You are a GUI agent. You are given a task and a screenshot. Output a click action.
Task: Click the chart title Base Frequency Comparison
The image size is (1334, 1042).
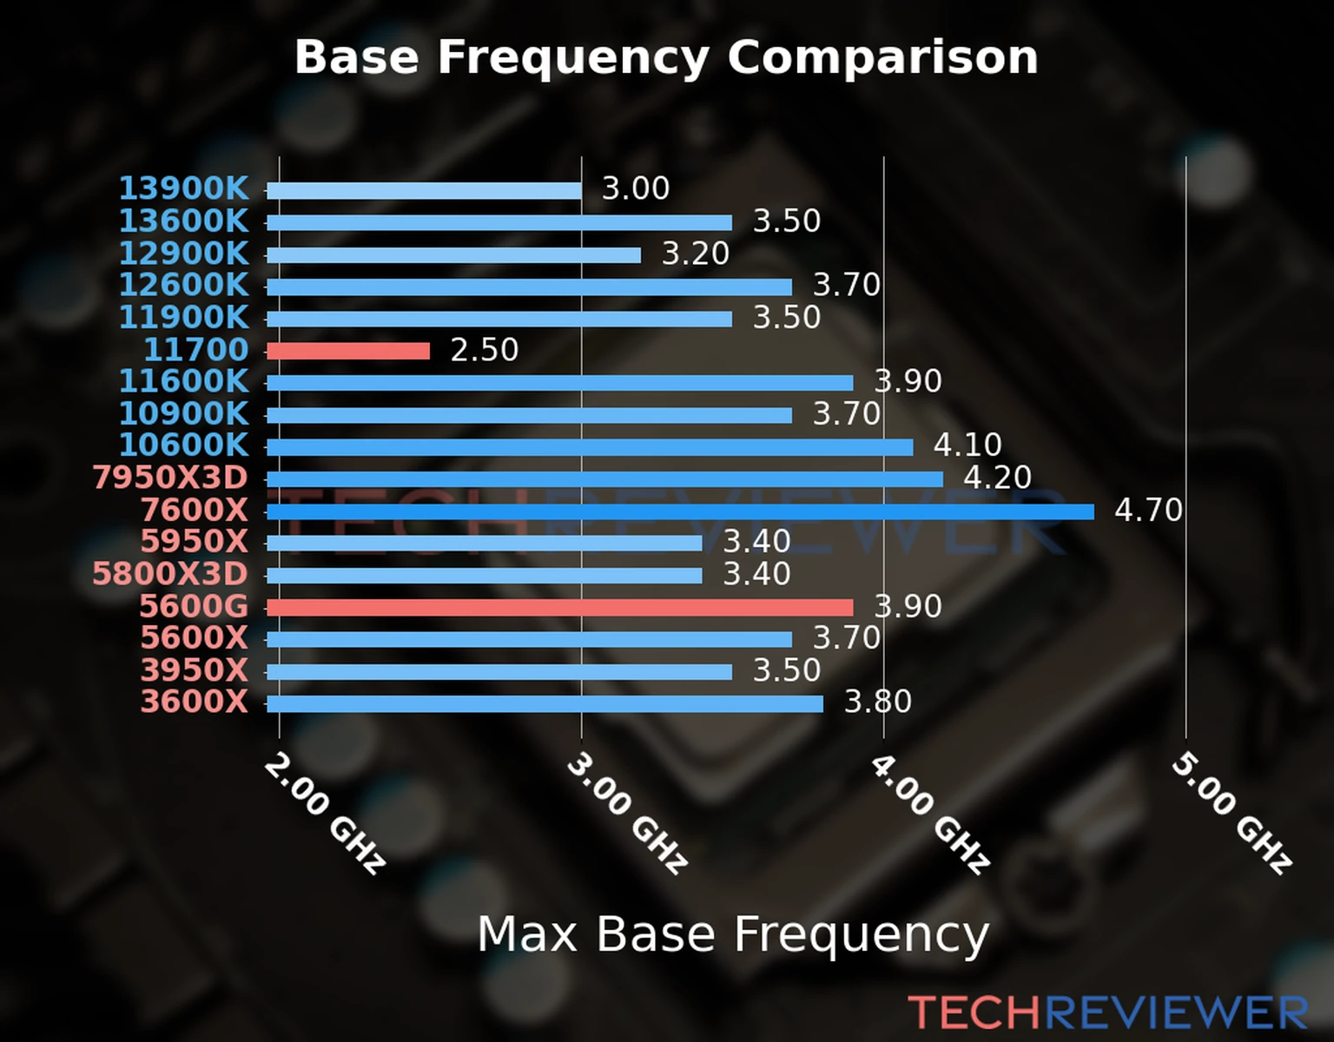(x=666, y=58)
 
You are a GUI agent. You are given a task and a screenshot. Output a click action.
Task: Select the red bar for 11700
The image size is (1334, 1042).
(x=348, y=351)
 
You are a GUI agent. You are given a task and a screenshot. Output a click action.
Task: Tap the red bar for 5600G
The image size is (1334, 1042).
(x=559, y=607)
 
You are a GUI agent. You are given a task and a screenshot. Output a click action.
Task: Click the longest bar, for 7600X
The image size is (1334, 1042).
(x=680, y=511)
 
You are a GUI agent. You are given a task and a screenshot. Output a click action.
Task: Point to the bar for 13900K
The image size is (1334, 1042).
(x=424, y=191)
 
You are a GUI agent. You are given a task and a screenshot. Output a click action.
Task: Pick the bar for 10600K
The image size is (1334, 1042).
(x=590, y=447)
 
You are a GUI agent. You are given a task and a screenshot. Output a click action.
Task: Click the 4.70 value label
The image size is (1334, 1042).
(x=1148, y=510)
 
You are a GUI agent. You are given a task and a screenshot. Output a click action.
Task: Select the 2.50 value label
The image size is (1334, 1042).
(x=484, y=350)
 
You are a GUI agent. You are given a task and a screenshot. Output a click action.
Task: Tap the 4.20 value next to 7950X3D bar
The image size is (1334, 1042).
(x=997, y=478)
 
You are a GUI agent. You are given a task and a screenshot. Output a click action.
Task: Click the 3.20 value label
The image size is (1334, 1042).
(x=695, y=254)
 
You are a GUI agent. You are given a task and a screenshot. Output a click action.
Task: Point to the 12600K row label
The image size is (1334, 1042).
(x=183, y=285)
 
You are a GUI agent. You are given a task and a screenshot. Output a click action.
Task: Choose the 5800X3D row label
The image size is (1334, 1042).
(x=170, y=574)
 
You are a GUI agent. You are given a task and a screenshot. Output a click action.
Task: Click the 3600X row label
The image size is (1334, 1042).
(x=194, y=701)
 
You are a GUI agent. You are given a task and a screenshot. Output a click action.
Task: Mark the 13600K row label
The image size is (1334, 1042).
(x=183, y=221)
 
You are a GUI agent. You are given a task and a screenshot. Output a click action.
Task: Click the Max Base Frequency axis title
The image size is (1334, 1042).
(x=733, y=935)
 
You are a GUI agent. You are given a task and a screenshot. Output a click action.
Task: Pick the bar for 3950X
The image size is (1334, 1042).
(x=499, y=671)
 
